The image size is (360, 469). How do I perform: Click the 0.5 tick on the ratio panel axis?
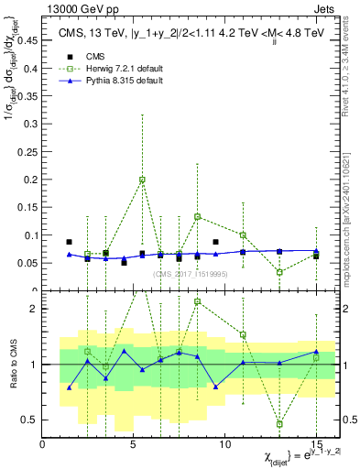pos(29,420)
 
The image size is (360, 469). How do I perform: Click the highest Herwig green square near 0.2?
pos(142,180)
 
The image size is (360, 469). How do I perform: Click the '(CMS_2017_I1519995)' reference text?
pos(183,273)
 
